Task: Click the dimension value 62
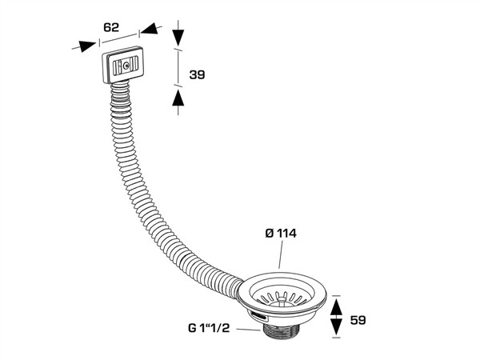click(x=110, y=27)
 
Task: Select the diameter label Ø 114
click(x=282, y=233)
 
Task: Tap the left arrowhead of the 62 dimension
click(x=83, y=46)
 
